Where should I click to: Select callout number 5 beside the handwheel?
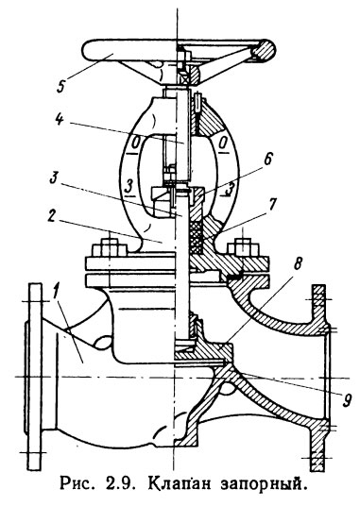60,85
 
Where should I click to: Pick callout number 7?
271,204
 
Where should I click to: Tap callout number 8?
299,265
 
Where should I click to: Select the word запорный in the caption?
263,485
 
